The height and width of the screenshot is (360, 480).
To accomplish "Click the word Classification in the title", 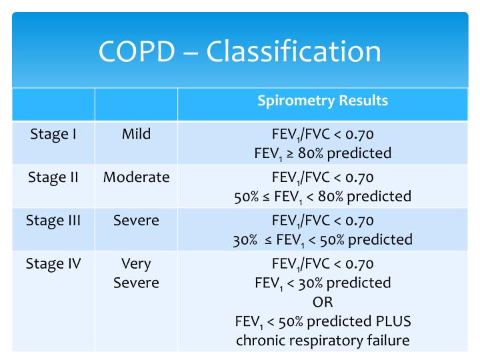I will pyautogui.click(x=295, y=52).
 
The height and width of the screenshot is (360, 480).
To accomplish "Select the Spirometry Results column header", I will pyautogui.click(x=323, y=101).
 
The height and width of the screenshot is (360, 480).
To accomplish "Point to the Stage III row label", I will pyautogui.click(x=53, y=221).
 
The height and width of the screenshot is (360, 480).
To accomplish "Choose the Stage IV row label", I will pyautogui.click(x=53, y=263).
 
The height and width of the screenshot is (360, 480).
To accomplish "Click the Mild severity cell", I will pyautogui.click(x=136, y=134).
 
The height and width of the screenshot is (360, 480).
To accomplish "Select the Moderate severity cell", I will pyautogui.click(x=136, y=177).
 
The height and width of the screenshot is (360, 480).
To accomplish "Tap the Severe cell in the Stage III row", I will pyautogui.click(x=136, y=221).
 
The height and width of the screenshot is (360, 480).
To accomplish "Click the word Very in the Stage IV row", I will pyautogui.click(x=136, y=263).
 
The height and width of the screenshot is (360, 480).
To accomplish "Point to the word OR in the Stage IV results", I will pyautogui.click(x=323, y=302).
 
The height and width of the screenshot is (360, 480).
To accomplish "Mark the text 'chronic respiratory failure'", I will pyautogui.click(x=323, y=340).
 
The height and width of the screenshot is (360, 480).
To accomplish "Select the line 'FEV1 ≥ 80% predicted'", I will pyautogui.click(x=323, y=153).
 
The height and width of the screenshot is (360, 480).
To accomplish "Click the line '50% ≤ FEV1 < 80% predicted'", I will pyautogui.click(x=323, y=197).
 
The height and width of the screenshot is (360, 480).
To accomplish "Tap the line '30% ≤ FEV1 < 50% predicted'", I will pyautogui.click(x=323, y=239).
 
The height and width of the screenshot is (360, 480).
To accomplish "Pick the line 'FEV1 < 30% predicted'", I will pyautogui.click(x=323, y=283).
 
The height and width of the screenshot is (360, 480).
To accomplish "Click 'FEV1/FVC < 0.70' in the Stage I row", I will pyautogui.click(x=323, y=134).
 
